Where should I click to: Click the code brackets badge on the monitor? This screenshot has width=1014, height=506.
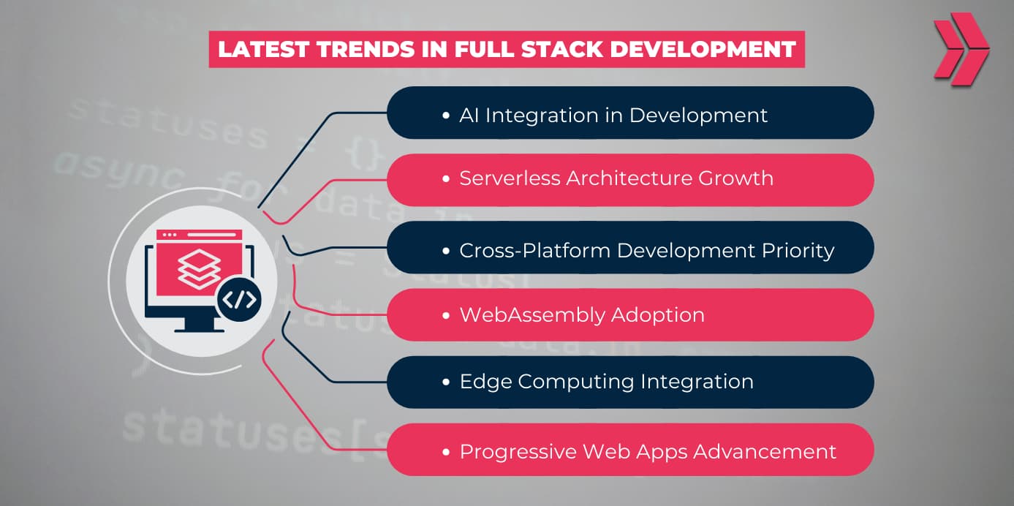point(239,300)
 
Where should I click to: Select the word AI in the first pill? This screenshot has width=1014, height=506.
point(469,115)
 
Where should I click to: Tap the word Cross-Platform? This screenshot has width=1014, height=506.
point(535,250)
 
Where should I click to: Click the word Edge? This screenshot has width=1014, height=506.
point(485,382)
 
